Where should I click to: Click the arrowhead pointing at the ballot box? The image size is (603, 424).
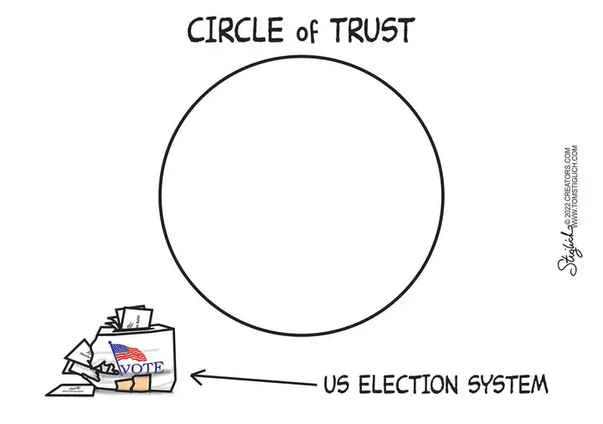198,377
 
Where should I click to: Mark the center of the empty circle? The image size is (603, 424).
301,194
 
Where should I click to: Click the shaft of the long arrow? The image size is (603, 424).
260,381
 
